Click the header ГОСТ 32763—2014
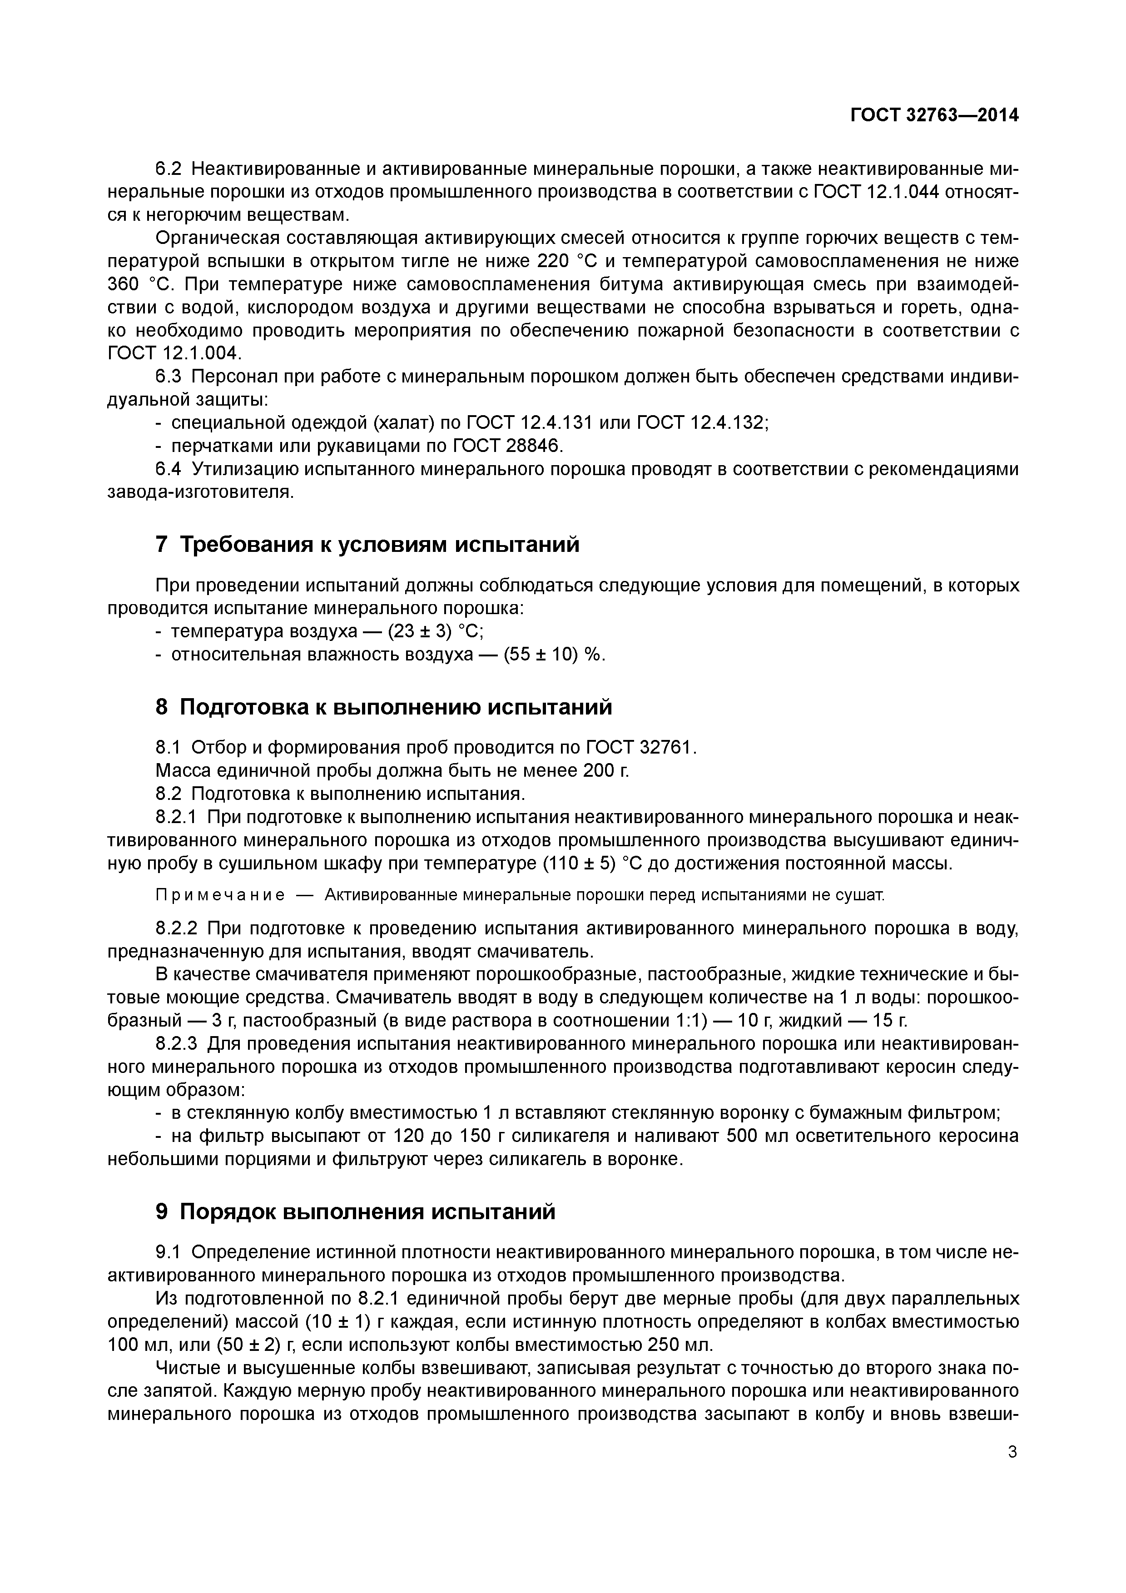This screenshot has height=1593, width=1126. pos(934,115)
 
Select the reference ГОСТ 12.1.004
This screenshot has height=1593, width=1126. pos(174,353)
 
